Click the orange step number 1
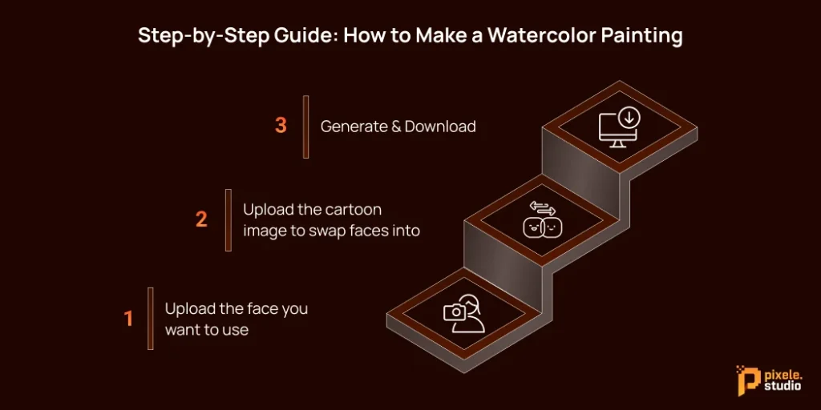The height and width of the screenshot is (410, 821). pyautogui.click(x=128, y=319)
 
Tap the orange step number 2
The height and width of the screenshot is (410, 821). pyautogui.click(x=201, y=219)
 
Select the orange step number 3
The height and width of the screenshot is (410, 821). pyautogui.click(x=280, y=127)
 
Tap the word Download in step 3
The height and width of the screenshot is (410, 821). pyautogui.click(x=440, y=127)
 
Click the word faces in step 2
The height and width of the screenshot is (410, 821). pyautogui.click(x=368, y=231)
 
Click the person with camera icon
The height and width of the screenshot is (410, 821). pyautogui.click(x=463, y=313)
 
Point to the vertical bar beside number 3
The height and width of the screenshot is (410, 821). pyautogui.click(x=306, y=127)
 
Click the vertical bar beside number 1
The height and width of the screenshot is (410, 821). pyautogui.click(x=150, y=319)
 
